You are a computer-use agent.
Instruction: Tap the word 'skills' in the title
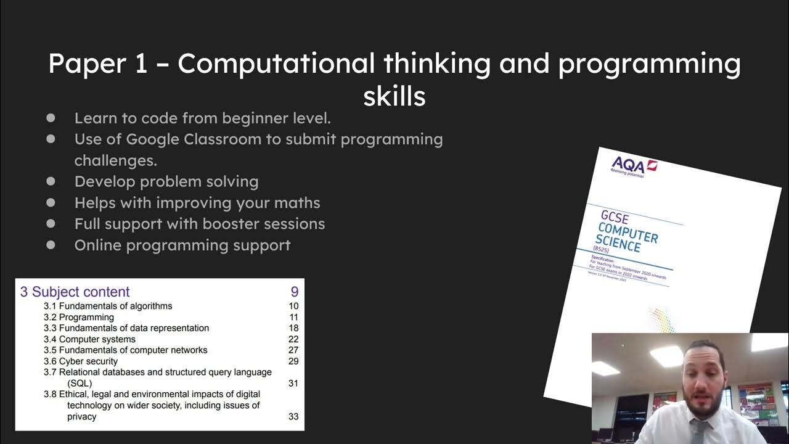394,96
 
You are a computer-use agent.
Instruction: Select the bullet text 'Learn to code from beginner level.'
202,118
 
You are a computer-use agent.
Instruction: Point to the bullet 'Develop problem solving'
166,181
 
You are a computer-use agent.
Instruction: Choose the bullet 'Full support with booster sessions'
199,224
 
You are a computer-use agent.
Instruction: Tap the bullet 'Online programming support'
182,245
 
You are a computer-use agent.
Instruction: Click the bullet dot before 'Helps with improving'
51,203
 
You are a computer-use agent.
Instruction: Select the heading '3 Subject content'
75,292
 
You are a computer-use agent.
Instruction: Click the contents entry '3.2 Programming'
78,317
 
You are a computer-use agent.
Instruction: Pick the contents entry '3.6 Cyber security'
80,361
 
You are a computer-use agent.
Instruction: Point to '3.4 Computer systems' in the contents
89,339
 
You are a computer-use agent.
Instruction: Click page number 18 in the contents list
293,328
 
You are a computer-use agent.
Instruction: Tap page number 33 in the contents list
293,417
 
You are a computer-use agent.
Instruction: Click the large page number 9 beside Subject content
294,292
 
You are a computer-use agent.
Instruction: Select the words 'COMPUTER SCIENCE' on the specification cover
626,237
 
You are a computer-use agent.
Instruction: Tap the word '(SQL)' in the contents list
80,384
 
